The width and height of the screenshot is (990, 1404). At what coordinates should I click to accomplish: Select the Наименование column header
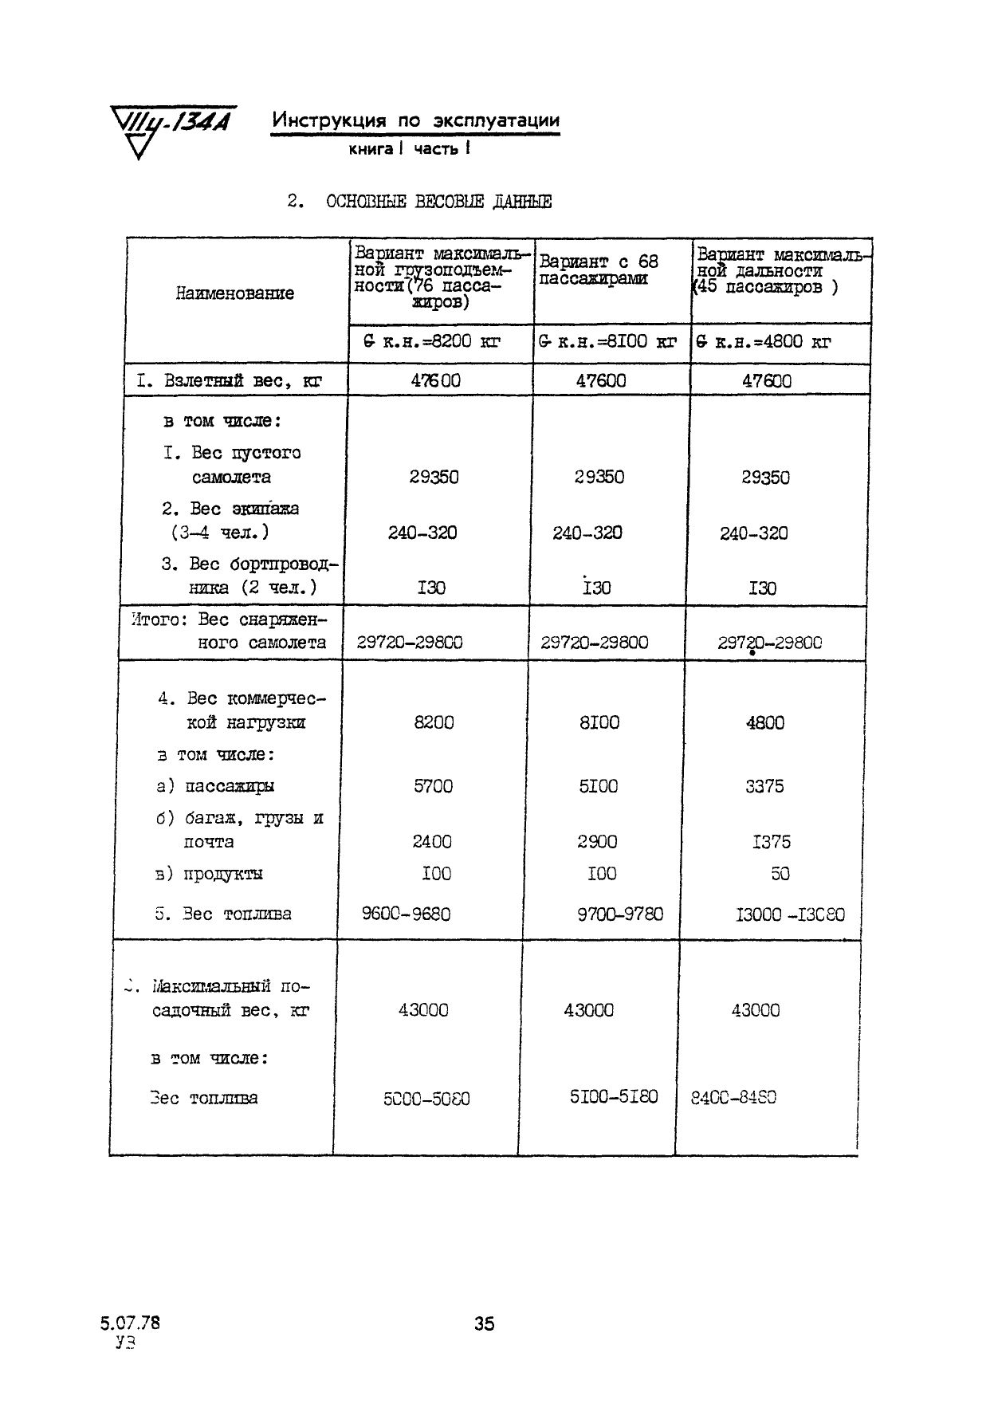coord(235,293)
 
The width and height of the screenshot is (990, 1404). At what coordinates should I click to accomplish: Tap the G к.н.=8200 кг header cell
coord(431,342)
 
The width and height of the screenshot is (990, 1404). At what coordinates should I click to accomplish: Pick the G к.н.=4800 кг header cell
coord(764,342)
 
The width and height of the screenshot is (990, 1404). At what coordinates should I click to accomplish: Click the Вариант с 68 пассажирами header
coord(599,269)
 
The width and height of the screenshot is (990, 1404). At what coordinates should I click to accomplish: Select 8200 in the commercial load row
coord(434,722)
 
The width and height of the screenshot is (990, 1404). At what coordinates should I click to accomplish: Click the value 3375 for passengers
coord(764,786)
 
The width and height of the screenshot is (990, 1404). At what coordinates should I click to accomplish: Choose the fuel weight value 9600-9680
coord(406,914)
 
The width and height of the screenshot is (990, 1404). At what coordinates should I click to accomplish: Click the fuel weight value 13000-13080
coord(790,914)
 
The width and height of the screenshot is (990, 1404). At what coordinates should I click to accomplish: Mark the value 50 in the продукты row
coord(780,874)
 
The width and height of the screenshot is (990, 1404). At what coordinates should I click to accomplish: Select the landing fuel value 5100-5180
coord(614,1096)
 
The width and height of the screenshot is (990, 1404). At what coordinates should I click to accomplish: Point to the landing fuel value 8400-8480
coord(733,1097)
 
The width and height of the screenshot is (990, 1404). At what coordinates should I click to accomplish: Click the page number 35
coord(485,1323)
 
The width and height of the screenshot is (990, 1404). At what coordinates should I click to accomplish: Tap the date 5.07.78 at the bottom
coord(130,1322)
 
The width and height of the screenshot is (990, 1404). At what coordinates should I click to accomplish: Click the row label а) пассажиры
coord(215,786)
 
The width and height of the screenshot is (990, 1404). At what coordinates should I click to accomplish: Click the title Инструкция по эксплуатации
coord(415,120)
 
